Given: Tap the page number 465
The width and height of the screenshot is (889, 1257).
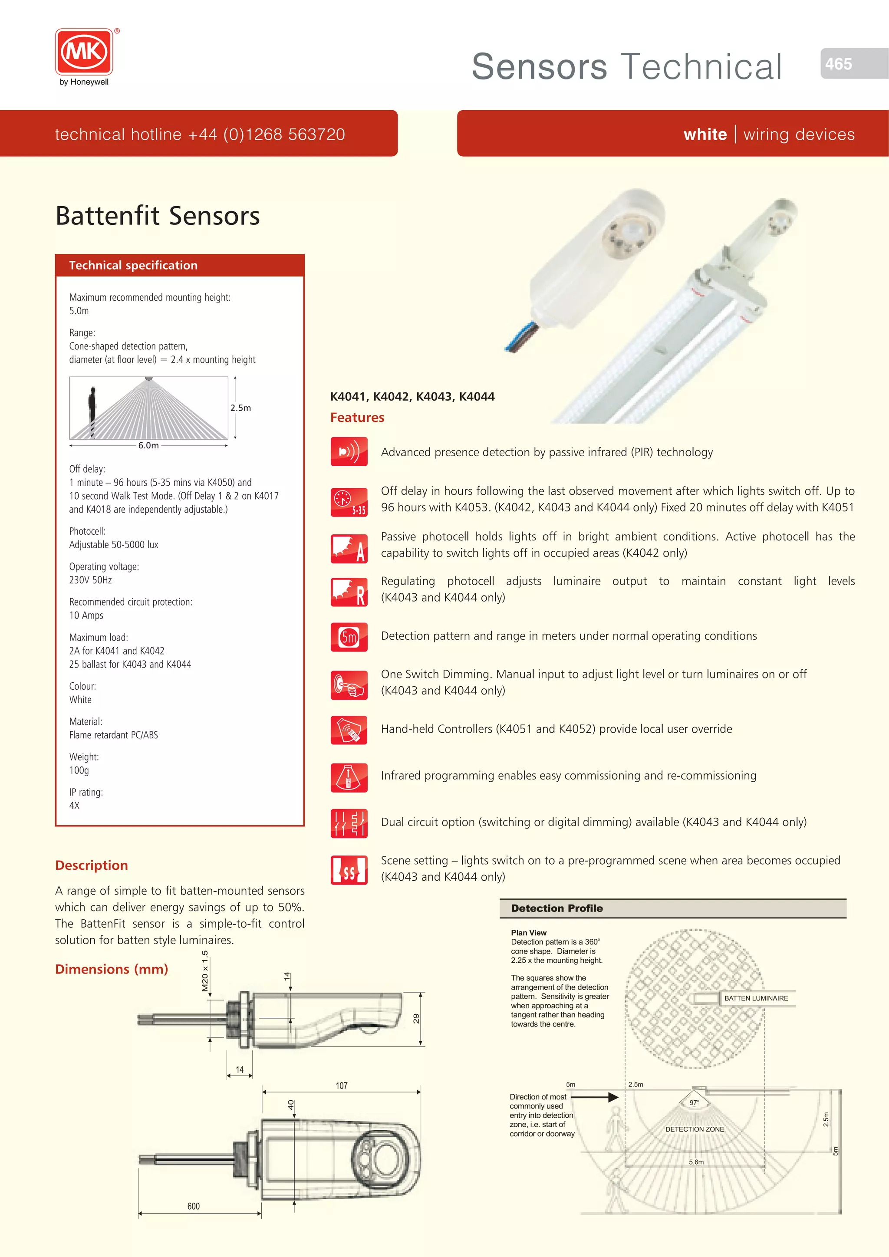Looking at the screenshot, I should coord(838,64).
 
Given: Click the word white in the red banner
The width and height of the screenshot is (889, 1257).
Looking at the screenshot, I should coord(705,134).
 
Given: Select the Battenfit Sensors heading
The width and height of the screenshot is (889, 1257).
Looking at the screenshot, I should coord(158,216).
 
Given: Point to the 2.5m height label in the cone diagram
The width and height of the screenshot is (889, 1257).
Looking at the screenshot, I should coord(240,408).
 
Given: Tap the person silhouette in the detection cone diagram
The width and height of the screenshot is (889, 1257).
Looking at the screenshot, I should coord(92,411).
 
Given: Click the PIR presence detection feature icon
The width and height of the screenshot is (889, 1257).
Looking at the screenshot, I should coord(349,452).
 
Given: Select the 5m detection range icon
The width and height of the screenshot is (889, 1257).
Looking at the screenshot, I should coord(349,637).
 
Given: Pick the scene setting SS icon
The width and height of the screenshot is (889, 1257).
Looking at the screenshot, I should coord(349,870).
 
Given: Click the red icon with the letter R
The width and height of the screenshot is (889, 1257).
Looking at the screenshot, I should coord(349,592).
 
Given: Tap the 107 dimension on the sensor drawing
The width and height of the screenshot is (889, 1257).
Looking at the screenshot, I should coord(342,1086).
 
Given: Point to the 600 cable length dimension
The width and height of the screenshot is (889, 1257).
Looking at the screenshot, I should coord(193,1206).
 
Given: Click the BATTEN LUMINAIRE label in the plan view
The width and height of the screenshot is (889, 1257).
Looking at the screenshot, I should coord(756,998).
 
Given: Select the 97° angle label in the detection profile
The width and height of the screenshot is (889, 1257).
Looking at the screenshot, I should coord(694,1102).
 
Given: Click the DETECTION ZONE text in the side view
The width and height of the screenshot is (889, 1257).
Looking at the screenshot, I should coord(694,1129).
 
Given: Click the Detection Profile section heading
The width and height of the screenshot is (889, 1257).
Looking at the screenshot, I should coord(557,908).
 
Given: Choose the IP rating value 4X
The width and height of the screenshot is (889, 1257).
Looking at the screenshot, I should coord(75,805).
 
